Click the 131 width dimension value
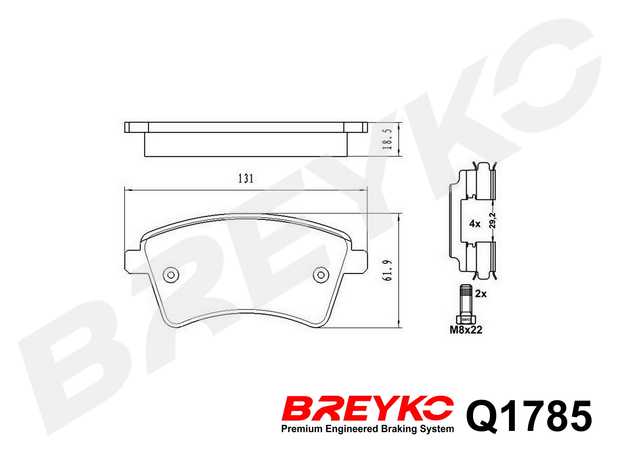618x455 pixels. click(x=246, y=178)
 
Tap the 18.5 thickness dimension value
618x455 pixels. click(x=387, y=139)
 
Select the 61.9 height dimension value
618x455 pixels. click(x=387, y=271)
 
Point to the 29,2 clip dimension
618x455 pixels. click(x=492, y=220)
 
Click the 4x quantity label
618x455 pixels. click(x=475, y=224)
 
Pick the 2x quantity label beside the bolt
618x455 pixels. click(x=481, y=294)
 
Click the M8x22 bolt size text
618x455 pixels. click(x=466, y=330)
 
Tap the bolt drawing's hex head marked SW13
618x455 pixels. click(x=466, y=319)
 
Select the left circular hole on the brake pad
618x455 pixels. click(x=171, y=275)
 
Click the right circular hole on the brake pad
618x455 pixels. click(x=321, y=275)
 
